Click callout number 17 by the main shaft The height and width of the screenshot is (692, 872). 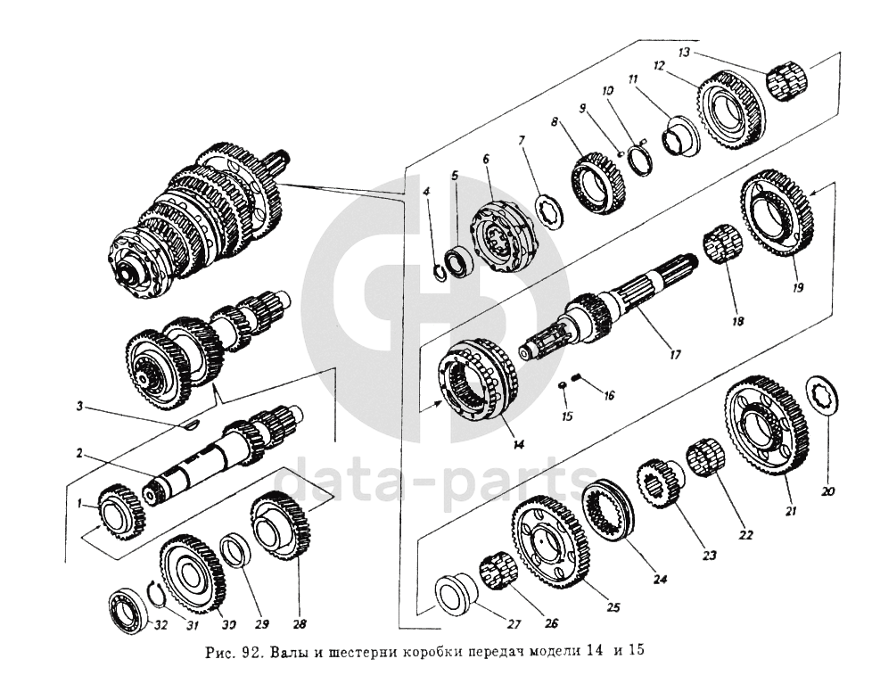[675, 355]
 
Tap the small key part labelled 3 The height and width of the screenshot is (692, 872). [188, 424]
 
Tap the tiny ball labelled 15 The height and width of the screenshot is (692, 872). [564, 384]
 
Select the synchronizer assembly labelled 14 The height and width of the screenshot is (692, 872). [480, 378]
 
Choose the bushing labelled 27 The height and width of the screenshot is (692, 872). [455, 593]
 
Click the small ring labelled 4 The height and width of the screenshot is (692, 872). [440, 271]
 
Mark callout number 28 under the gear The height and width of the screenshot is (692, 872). [300, 624]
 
